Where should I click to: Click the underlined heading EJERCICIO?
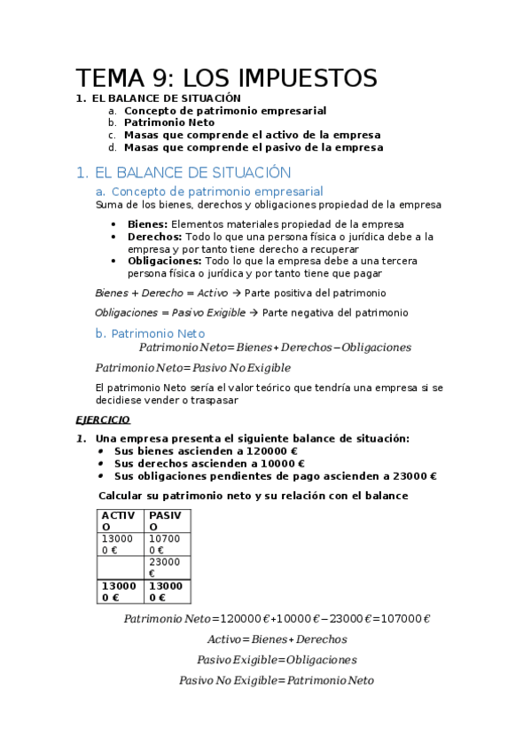pos(103,419)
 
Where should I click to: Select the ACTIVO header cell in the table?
pos(120,521)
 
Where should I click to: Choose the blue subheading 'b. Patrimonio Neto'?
pos(150,333)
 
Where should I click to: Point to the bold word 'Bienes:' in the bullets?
pos(147,224)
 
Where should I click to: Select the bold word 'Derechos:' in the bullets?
pos(154,237)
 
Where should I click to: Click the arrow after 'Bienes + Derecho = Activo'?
pos(237,293)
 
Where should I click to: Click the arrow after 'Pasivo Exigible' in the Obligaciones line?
pos(255,313)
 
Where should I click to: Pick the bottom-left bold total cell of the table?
pos(120,591)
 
